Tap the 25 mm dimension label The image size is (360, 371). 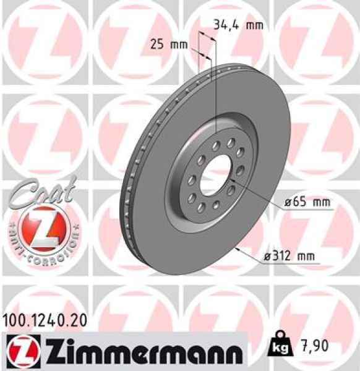tap(169, 45)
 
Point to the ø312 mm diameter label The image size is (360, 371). tap(291, 255)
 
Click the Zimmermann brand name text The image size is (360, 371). tap(140, 351)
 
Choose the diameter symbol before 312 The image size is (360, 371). tap(265, 256)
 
